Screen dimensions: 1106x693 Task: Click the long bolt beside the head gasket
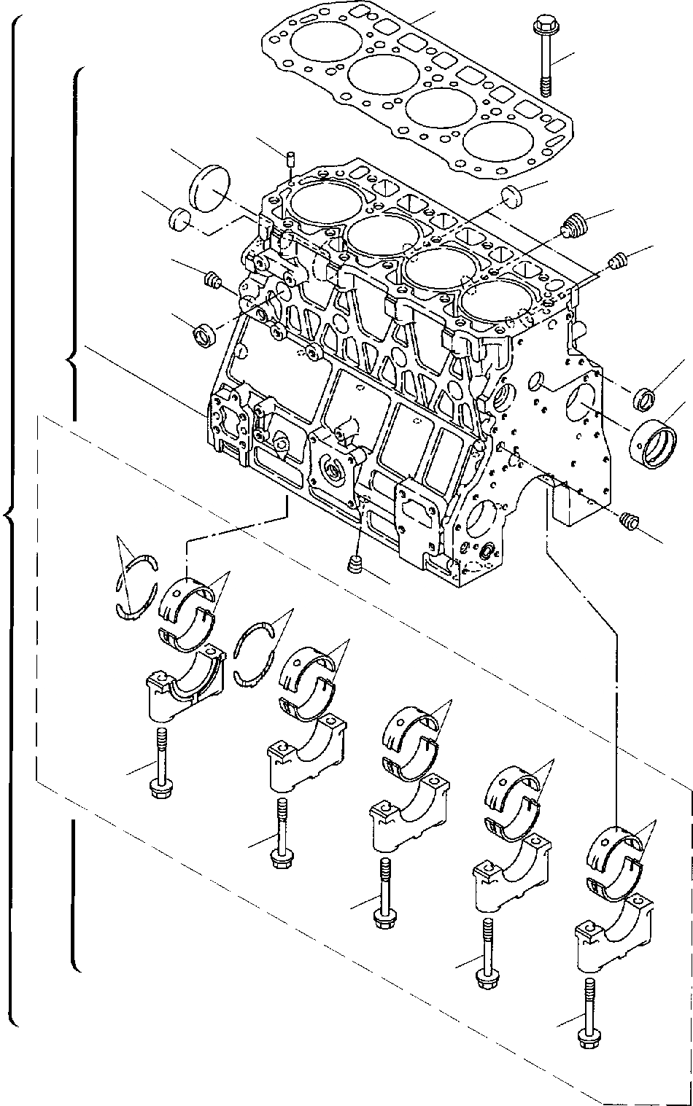[x=546, y=55]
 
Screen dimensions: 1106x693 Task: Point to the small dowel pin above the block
[x=291, y=160]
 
